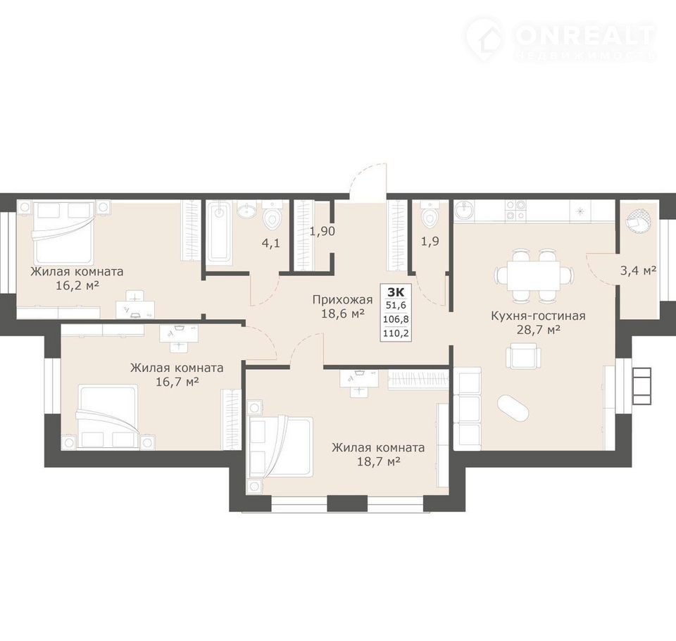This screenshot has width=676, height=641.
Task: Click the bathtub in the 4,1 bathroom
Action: [x=220, y=232]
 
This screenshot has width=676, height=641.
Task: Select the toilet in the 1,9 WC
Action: [x=430, y=215]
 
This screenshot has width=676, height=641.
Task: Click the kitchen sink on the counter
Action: [x=464, y=211]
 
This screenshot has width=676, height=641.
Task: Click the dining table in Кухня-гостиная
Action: [x=533, y=275]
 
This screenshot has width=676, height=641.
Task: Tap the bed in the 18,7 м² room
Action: [x=281, y=447]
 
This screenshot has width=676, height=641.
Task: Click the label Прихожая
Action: [x=342, y=299]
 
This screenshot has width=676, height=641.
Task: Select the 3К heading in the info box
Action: [x=396, y=292]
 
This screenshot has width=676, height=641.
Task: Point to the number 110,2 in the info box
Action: [x=396, y=333]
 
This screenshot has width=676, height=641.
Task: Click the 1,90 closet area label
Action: [x=322, y=232]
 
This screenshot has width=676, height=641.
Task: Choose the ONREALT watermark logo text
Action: [x=585, y=35]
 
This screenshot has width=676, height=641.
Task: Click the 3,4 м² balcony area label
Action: [x=638, y=271]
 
